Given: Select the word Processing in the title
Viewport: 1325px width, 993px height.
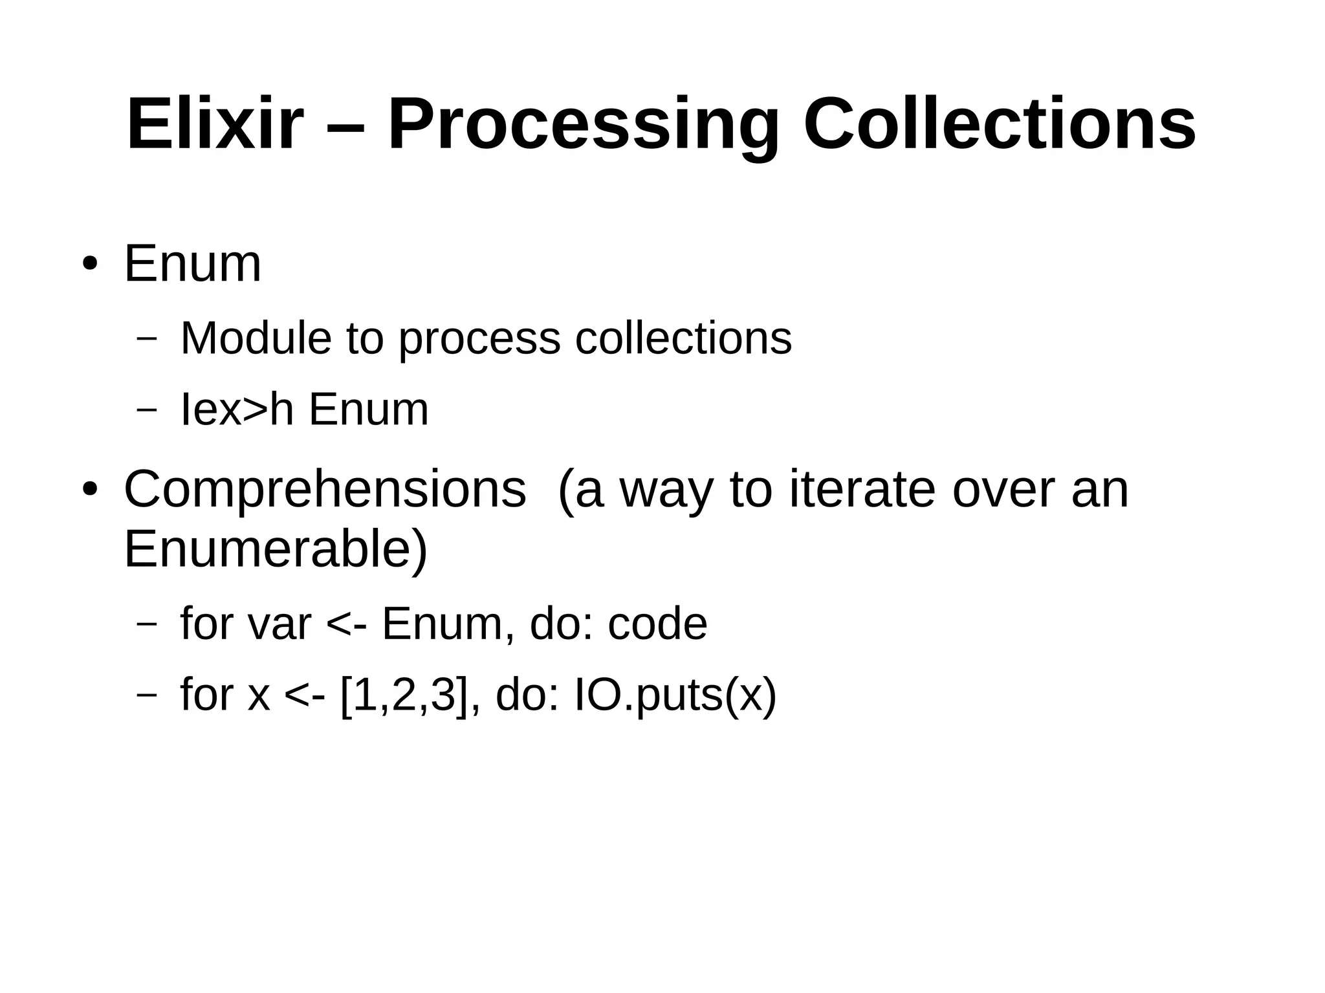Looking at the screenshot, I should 583,124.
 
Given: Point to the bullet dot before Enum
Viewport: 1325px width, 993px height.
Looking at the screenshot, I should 90,265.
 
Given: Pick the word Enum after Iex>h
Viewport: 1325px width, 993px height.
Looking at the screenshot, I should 369,409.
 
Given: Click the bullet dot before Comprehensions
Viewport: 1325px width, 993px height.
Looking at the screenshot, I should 90,490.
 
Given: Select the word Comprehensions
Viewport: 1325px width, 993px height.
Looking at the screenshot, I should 325,490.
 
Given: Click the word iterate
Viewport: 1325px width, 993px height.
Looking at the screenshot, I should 862,490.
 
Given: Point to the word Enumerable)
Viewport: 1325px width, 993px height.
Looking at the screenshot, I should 276,549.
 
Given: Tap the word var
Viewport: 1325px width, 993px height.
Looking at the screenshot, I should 279,624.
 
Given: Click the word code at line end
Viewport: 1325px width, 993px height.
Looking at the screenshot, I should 657,624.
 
